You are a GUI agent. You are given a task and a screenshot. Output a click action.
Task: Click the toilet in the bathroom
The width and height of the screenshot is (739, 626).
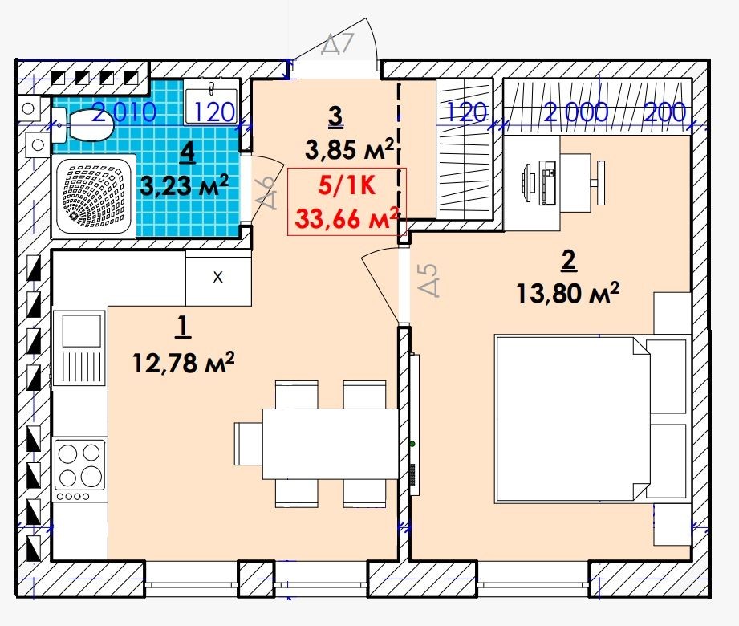[83, 125]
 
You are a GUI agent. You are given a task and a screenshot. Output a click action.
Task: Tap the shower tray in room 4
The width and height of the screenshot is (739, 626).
[94, 196]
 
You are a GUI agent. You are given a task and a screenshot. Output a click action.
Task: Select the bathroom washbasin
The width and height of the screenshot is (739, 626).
[211, 101]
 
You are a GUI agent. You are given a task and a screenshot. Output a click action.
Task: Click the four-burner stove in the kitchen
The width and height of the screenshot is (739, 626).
[79, 470]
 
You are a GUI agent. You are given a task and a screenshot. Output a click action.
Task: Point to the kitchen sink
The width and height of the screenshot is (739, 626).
[79, 347]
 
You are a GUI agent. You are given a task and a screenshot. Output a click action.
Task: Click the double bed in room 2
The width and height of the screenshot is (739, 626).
[592, 418]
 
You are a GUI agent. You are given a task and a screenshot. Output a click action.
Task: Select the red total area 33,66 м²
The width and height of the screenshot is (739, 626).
[347, 217]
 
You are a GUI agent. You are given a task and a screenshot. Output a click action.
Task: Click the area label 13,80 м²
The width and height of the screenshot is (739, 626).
[567, 293]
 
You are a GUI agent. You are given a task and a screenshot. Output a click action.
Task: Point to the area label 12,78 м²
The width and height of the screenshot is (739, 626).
[183, 363]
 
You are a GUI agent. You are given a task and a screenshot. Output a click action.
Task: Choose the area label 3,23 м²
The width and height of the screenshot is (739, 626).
[185, 185]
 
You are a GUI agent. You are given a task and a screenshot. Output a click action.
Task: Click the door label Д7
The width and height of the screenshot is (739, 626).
[337, 44]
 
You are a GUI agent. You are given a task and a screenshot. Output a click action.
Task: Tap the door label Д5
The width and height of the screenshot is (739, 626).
[429, 279]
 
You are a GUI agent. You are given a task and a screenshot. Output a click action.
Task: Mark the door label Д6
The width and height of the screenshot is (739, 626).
[266, 193]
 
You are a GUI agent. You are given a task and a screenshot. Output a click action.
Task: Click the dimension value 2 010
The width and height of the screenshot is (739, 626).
[124, 112]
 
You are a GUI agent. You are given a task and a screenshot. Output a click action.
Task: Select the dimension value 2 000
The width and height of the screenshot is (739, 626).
[576, 112]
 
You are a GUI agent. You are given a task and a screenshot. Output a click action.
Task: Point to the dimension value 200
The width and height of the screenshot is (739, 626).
[664, 112]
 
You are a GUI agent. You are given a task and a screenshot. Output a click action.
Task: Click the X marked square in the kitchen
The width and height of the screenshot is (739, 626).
[218, 278]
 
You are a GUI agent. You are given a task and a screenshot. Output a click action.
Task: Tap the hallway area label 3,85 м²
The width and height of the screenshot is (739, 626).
[349, 150]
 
